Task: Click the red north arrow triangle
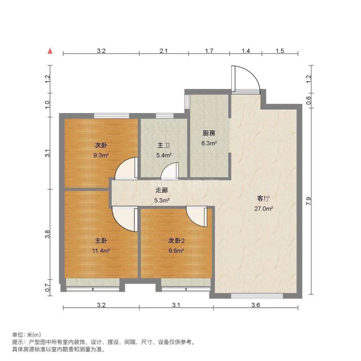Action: point(50,51)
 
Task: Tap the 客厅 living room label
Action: point(263,199)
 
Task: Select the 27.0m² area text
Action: point(263,209)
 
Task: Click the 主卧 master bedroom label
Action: point(101,241)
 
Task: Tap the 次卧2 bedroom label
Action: point(176,241)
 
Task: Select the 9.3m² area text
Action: point(101,155)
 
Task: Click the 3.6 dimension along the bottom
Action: point(256,305)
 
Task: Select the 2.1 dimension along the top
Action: point(164,51)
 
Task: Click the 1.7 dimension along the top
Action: point(209,51)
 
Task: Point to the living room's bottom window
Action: point(257,296)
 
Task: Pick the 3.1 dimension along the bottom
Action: point(176,305)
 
